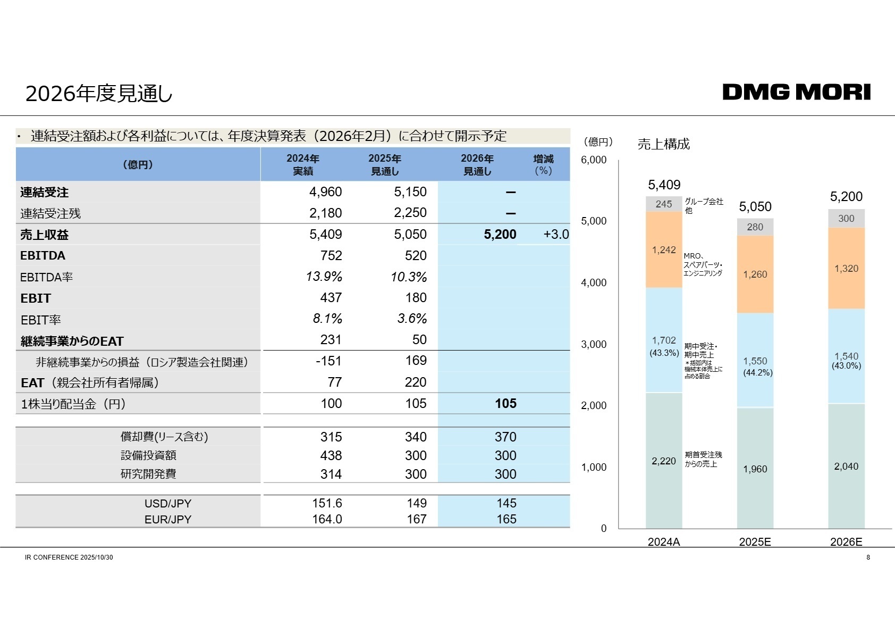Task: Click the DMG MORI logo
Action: (x=796, y=92)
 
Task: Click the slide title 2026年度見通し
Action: (x=99, y=94)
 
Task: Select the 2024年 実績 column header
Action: (x=303, y=165)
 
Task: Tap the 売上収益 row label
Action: (x=45, y=235)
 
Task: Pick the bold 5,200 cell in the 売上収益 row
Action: (x=500, y=235)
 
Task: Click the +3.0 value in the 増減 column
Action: (x=556, y=235)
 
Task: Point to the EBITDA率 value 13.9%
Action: (x=324, y=277)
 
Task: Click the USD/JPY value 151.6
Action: (x=327, y=503)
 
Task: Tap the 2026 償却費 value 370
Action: (x=505, y=437)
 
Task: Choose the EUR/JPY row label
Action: (x=167, y=519)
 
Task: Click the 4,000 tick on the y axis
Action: (x=594, y=282)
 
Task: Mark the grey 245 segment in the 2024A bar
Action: (x=664, y=204)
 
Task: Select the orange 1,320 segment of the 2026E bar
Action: (x=846, y=269)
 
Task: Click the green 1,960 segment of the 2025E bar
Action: (x=755, y=469)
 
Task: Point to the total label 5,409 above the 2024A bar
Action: (x=664, y=185)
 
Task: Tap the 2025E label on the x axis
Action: (x=755, y=542)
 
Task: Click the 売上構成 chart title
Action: (x=663, y=144)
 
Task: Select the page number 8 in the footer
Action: (x=868, y=557)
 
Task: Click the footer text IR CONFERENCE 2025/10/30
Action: (x=69, y=557)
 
